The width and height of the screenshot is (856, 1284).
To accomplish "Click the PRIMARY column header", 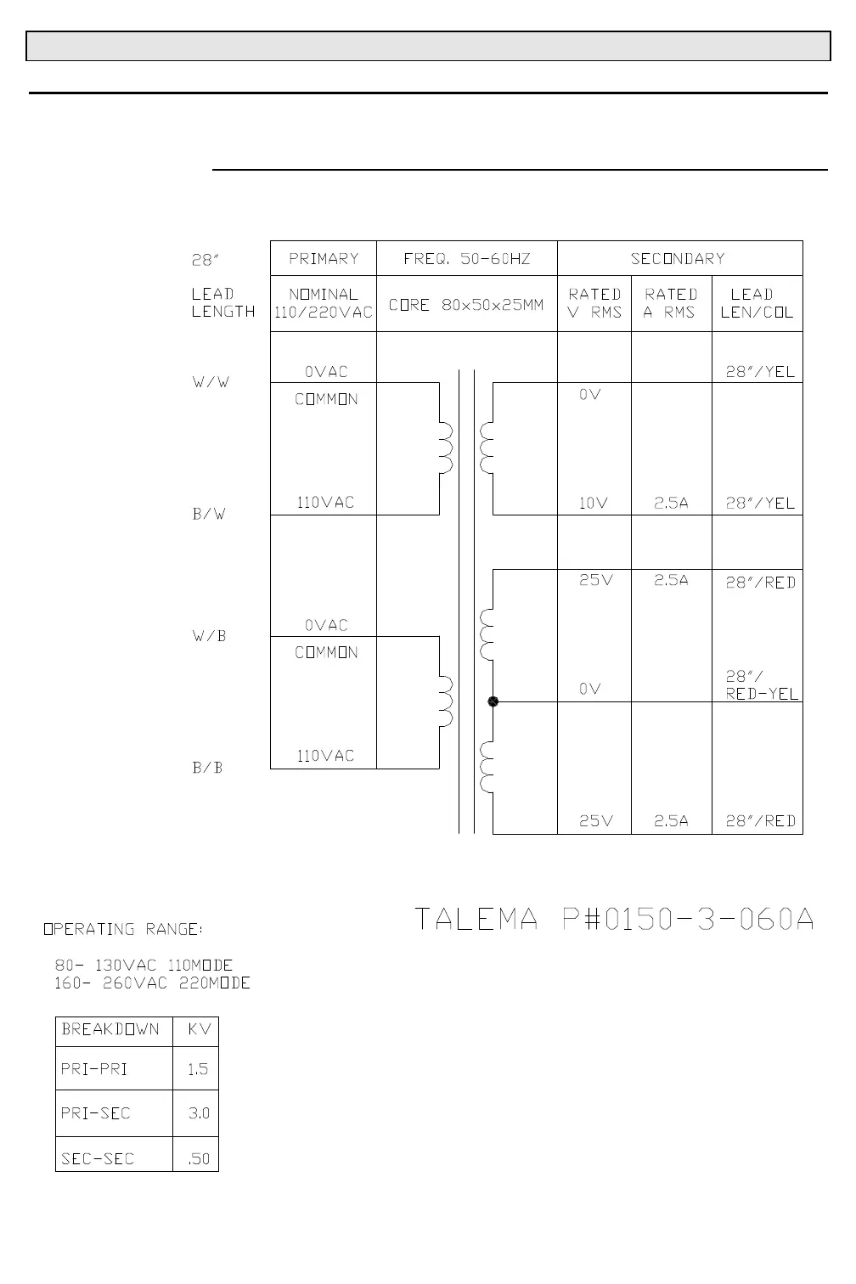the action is point(324,258).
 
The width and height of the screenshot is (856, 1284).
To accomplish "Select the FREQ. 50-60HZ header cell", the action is point(466,258).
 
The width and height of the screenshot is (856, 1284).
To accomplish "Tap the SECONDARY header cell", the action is point(678,258).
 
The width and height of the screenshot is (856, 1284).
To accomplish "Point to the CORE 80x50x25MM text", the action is point(466,304).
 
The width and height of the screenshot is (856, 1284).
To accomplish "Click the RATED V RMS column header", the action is point(594,303).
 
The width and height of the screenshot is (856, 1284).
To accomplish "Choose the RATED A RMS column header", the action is point(671,303).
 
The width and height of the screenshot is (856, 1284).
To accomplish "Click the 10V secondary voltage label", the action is point(594,503).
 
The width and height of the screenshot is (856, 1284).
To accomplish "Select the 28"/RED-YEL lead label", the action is point(761,685).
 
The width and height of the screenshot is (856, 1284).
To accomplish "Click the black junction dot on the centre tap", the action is point(493,701).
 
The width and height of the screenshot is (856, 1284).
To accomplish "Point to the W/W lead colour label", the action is point(211,382).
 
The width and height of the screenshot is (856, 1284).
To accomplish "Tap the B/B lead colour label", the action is point(208,768).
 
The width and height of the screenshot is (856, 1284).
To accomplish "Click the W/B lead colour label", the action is point(209,636).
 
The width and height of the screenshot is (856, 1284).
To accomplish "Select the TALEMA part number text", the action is point(614,919).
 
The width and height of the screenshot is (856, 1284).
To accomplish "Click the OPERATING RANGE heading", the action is point(124,929).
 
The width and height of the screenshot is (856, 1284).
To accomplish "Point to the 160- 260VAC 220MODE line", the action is point(153,983).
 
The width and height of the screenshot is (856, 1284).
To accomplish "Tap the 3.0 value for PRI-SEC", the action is point(198,1113).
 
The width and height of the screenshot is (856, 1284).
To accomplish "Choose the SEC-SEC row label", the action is point(98,1158).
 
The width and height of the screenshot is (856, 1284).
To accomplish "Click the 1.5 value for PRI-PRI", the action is point(197,1069).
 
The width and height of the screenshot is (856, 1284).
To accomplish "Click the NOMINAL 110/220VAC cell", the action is point(323,303).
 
